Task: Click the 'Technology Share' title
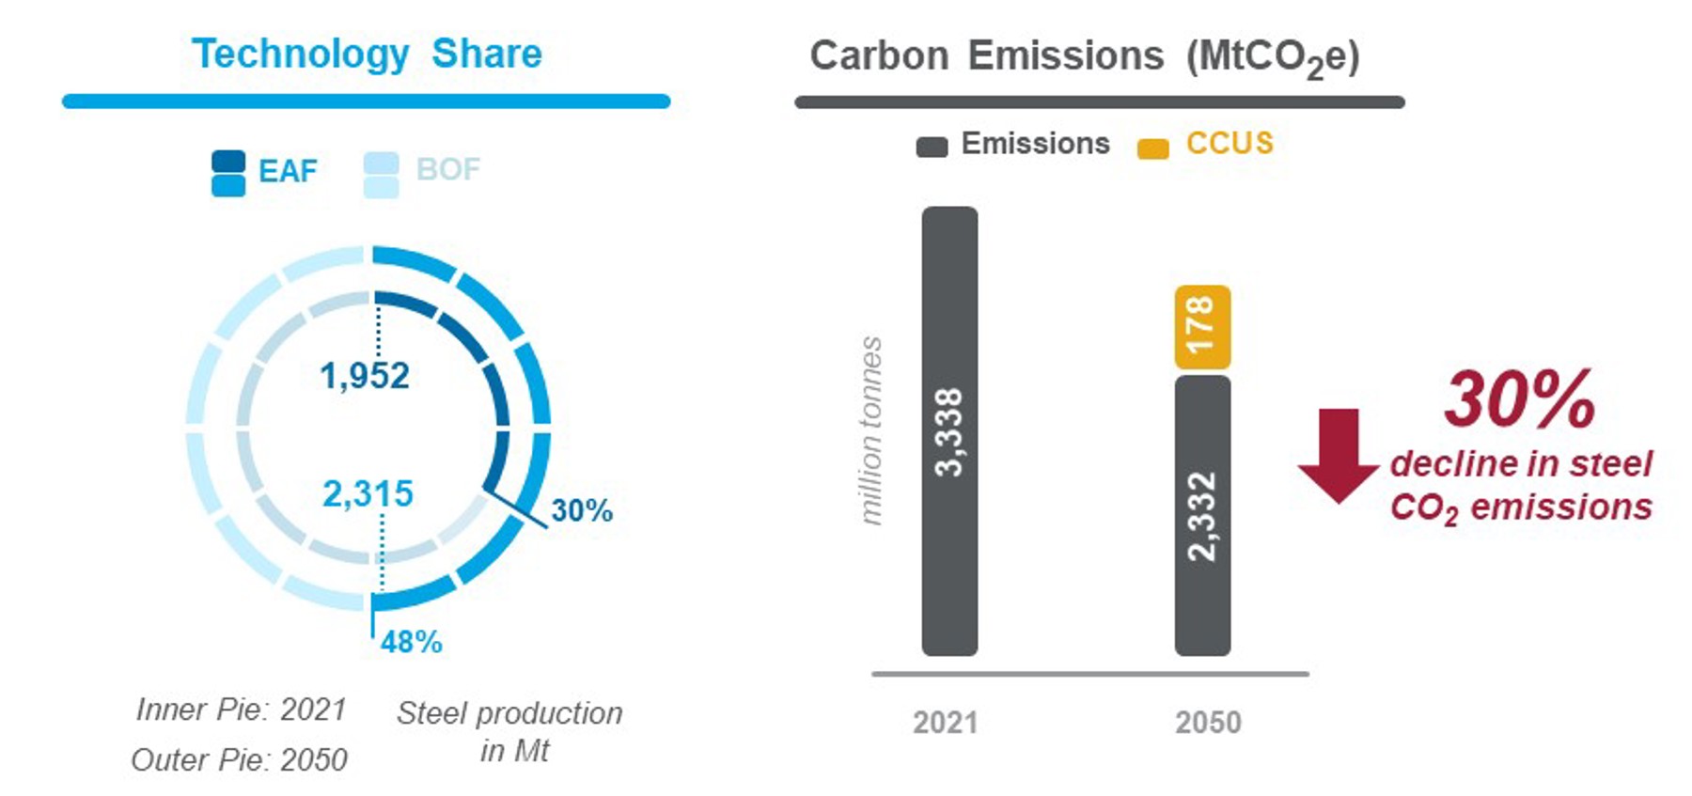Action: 367,54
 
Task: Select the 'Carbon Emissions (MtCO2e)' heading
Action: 1084,56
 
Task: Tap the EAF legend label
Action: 288,171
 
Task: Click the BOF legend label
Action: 447,170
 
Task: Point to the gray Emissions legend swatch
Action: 932,147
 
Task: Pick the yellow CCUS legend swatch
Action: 1152,148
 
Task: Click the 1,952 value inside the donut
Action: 365,376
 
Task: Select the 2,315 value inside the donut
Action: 368,493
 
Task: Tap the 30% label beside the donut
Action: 582,510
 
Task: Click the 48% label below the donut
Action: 411,642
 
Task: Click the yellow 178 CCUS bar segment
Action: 1202,327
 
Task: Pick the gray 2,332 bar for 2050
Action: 1202,515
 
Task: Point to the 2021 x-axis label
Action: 946,722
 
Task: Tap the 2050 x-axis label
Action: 1208,722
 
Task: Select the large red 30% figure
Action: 1519,399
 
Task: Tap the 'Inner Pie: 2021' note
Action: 242,709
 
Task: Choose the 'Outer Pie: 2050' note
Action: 239,759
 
